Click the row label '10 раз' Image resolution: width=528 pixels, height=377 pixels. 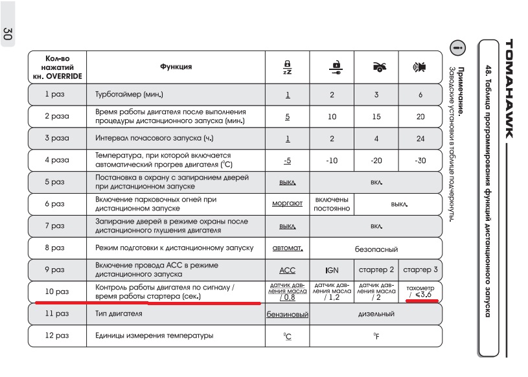tap(56, 292)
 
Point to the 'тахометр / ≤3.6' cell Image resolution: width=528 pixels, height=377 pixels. tap(420, 292)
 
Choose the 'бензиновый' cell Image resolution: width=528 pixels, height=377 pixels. tap(287, 315)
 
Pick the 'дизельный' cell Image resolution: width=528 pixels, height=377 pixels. tap(376, 315)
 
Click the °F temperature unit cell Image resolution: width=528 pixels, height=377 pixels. tap(376, 336)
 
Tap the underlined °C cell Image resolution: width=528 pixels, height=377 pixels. tap(287, 336)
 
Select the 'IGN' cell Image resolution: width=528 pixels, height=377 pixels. tap(332, 270)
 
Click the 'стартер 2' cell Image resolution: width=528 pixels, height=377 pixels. tap(376, 270)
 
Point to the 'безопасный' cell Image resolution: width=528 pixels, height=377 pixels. tap(376, 248)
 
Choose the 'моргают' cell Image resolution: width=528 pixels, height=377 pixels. tap(287, 203)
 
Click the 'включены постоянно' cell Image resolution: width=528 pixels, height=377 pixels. tap(332, 203)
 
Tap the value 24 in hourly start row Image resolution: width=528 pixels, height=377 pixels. tap(420, 139)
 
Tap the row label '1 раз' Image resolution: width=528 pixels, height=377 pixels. tap(56, 95)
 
